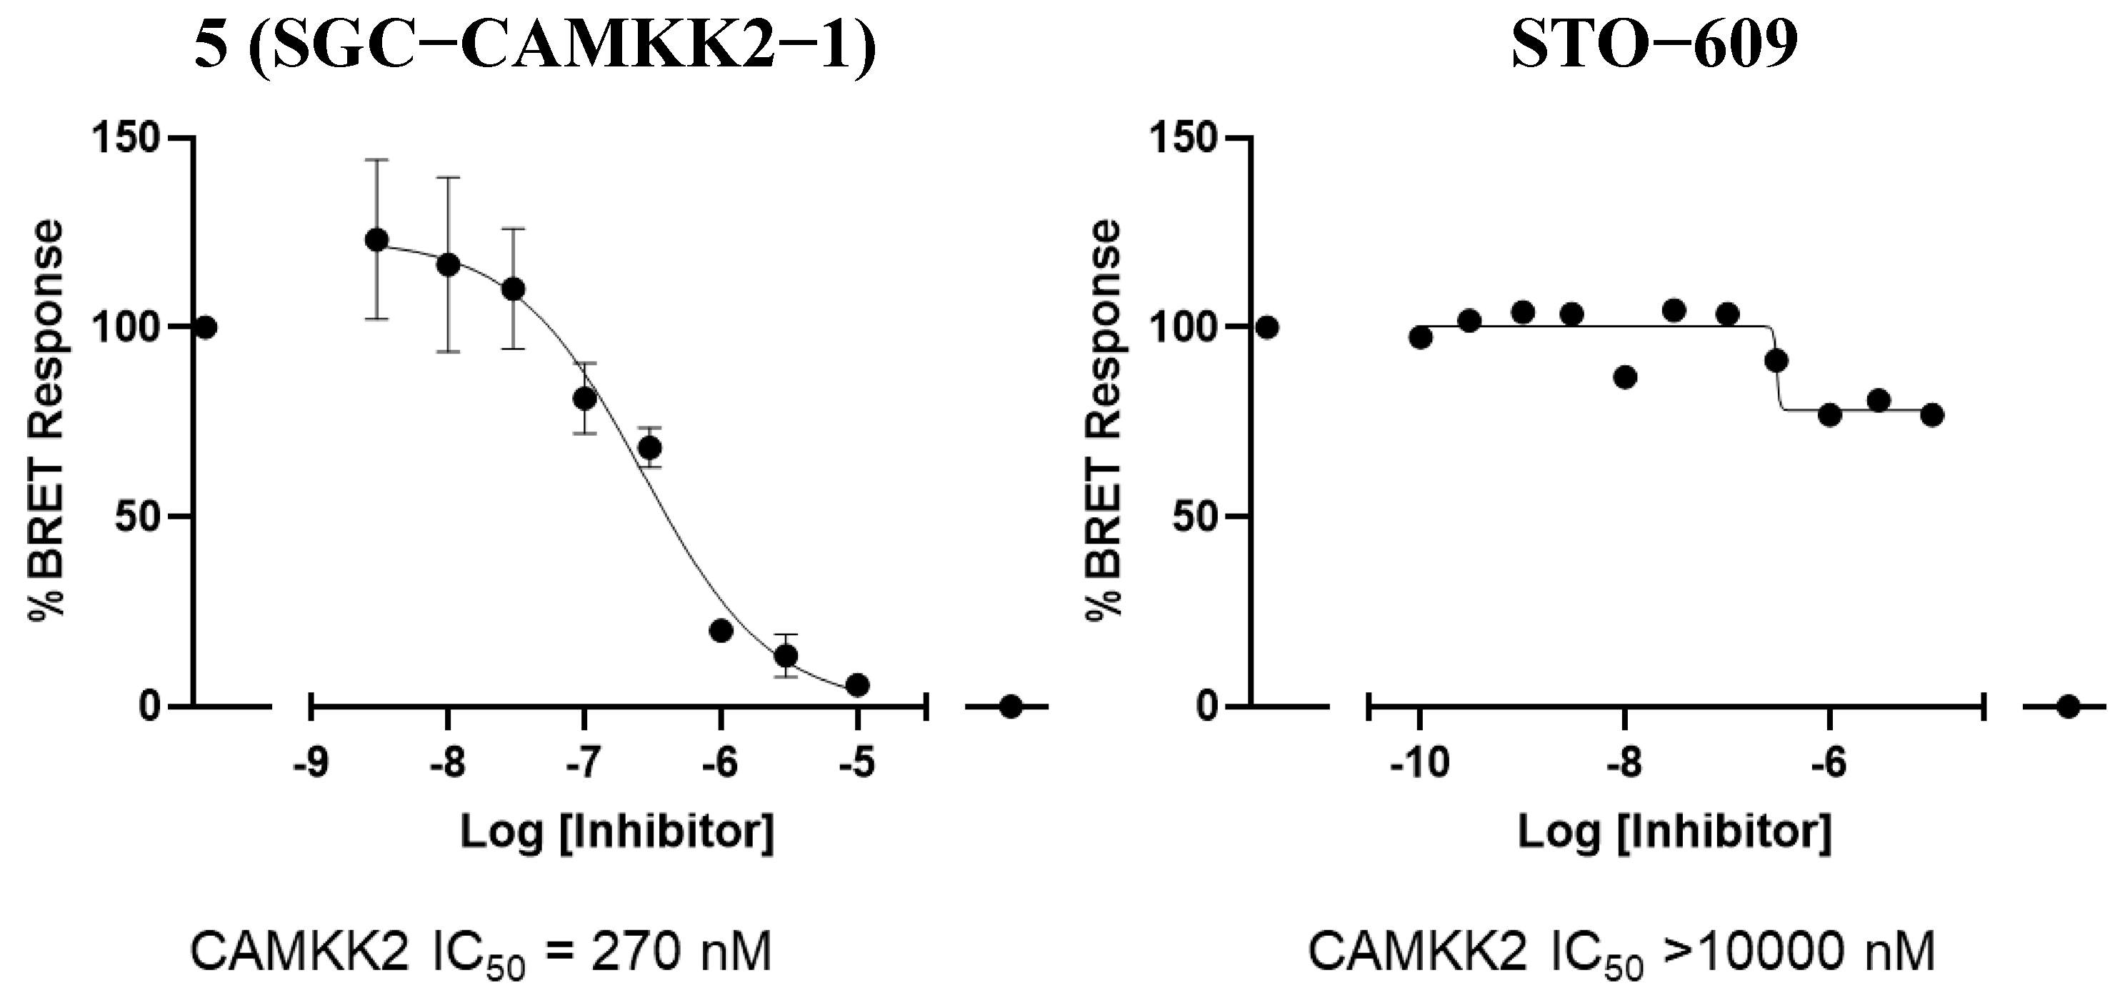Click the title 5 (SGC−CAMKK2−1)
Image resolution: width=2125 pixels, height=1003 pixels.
pyautogui.click(x=534, y=48)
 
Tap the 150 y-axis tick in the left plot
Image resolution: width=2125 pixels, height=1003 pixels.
pyautogui.click(x=126, y=138)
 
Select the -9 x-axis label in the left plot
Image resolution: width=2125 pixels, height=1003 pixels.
pyautogui.click(x=310, y=764)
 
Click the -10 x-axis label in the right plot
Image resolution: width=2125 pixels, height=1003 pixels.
pyautogui.click(x=1419, y=764)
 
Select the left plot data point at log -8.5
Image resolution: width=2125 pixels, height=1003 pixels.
pyautogui.click(x=377, y=240)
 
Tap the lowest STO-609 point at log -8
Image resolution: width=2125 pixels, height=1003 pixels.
pyautogui.click(x=1625, y=378)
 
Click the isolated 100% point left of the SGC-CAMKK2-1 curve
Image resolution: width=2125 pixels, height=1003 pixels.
pyautogui.click(x=206, y=327)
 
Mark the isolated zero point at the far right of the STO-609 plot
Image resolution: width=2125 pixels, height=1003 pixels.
pyautogui.click(x=2068, y=707)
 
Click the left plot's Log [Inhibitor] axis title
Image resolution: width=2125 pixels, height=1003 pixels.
pyautogui.click(x=617, y=832)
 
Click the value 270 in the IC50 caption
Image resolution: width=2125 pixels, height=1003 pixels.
pyautogui.click(x=637, y=954)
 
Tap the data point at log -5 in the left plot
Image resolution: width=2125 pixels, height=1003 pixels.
pyautogui.click(x=857, y=684)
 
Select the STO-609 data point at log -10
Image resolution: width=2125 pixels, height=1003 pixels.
pyautogui.click(x=1421, y=337)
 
